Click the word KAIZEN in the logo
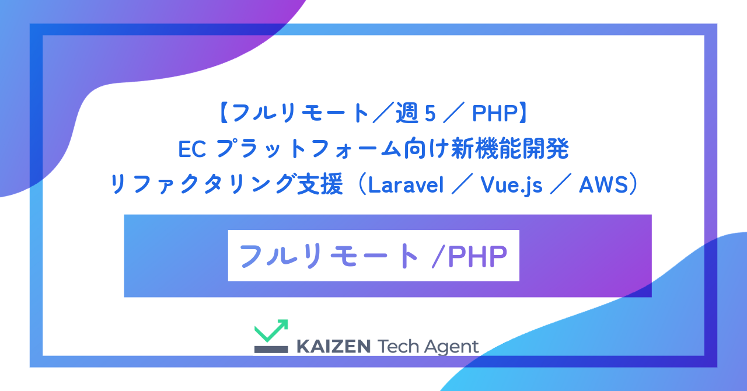click(333, 346)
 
